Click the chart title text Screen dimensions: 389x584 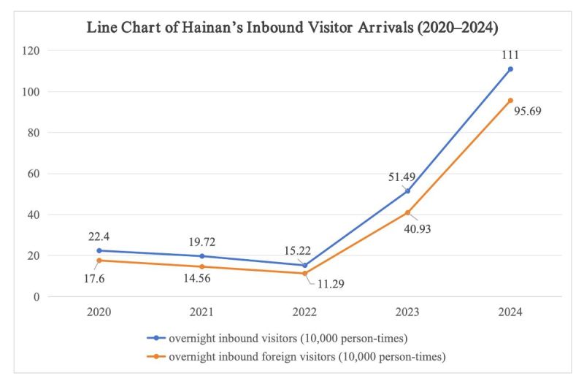[x=292, y=28]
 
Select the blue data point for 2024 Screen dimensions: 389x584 [x=510, y=69]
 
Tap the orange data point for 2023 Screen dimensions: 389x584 [x=407, y=212]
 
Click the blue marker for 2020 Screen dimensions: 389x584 [x=99, y=250]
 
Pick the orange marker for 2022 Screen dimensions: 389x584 [x=304, y=273]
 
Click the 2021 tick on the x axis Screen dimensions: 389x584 [x=201, y=312]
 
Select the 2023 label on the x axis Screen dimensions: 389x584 [x=407, y=312]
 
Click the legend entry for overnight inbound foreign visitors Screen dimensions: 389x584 [x=307, y=357]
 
